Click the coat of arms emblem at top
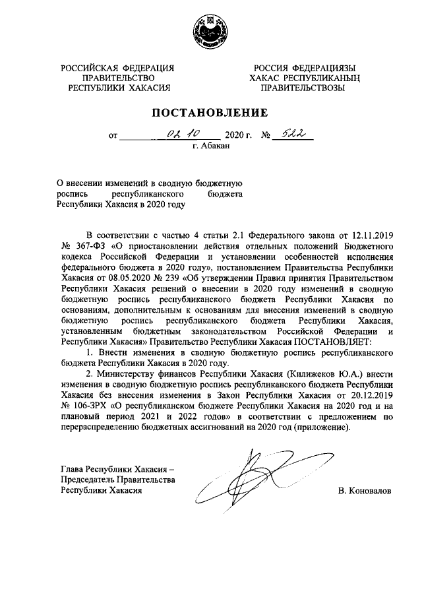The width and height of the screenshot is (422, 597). coord(210,32)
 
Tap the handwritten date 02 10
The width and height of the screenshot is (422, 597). coord(178,136)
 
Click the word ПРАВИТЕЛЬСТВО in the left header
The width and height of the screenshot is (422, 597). coord(117,77)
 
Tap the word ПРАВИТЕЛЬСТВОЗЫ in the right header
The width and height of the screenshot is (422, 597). coord(305,86)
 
